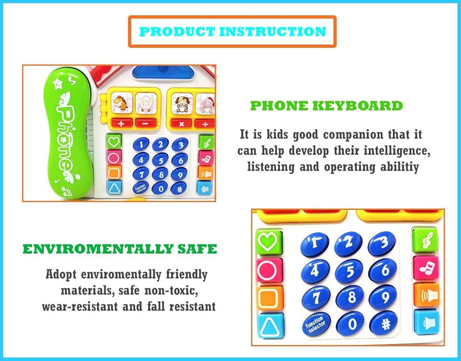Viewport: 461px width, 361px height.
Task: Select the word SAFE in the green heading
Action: tap(199, 249)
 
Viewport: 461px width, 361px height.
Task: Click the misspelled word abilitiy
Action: tap(396, 166)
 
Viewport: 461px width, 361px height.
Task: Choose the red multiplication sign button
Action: tap(181, 124)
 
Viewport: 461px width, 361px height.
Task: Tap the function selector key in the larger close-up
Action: tap(316, 324)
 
